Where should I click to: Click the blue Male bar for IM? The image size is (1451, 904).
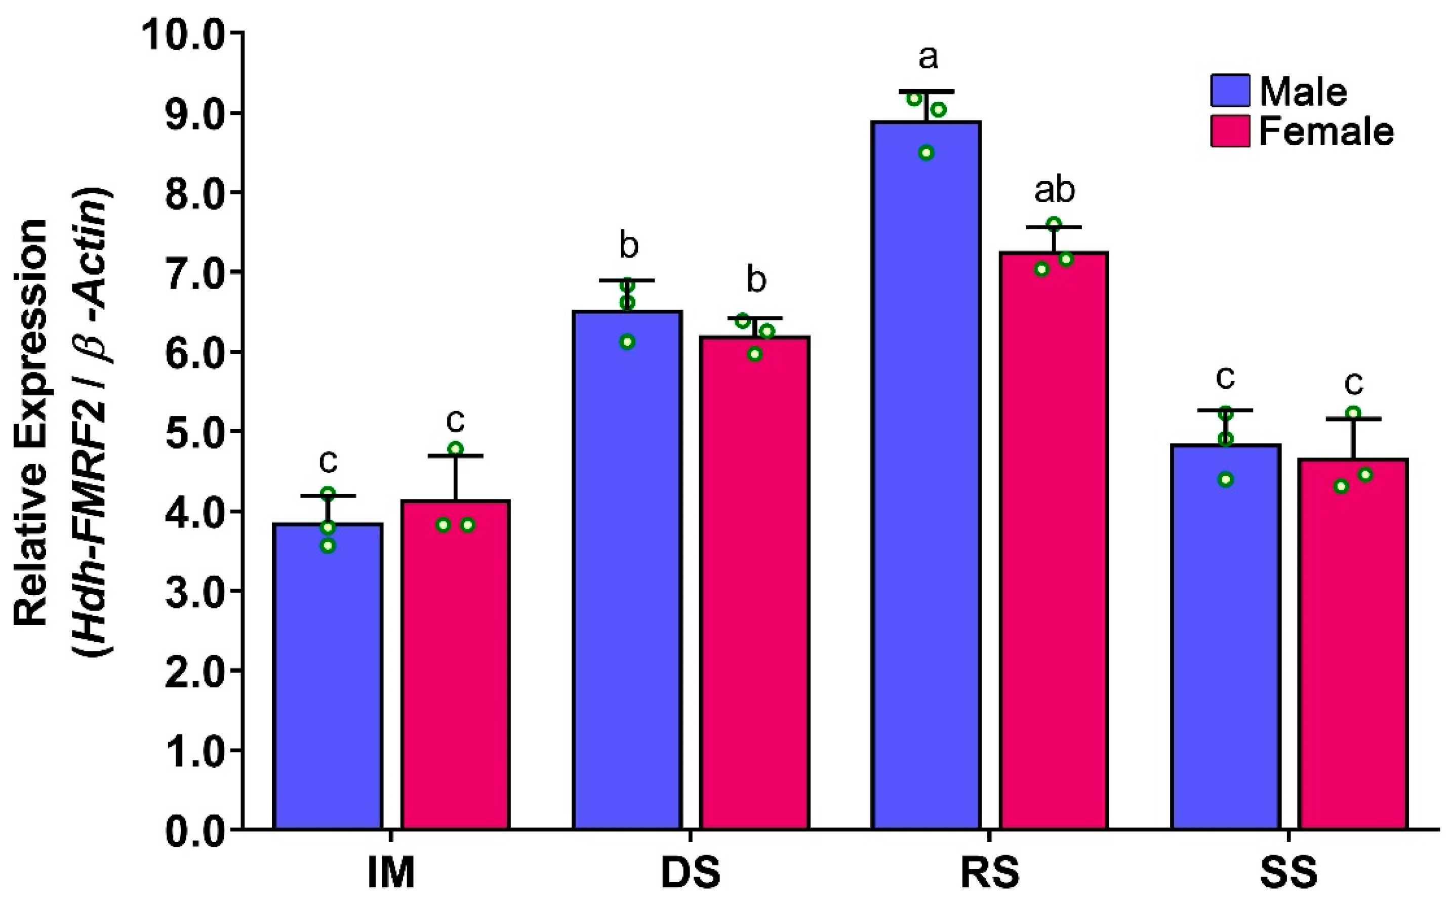point(328,676)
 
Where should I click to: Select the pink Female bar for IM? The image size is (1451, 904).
point(455,664)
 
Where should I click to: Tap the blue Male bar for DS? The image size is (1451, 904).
point(627,568)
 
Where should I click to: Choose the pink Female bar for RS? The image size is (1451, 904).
point(1054,538)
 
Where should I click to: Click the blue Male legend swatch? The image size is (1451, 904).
point(1230,91)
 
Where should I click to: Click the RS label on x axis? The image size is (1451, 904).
point(989,874)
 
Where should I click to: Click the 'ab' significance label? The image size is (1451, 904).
point(1055,190)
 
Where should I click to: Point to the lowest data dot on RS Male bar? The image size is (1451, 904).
point(926,152)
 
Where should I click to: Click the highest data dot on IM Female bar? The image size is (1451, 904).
point(456,448)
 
